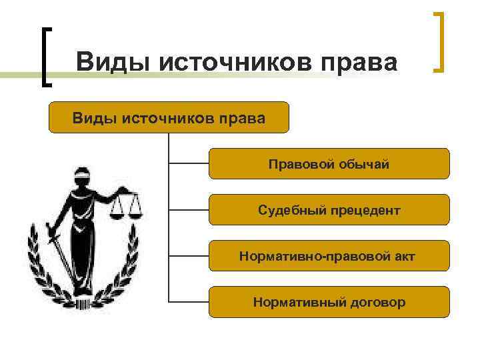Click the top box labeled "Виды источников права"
[169, 117]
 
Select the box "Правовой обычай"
[329, 164]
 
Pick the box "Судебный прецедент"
[329, 210]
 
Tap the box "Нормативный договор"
[329, 302]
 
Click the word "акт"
[404, 256]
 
